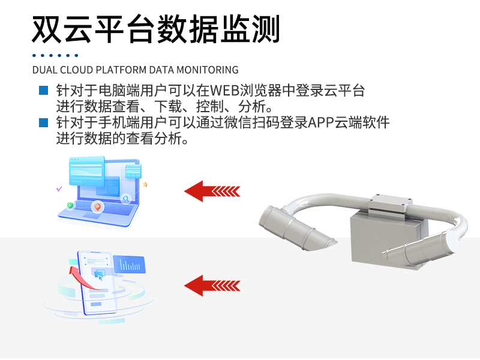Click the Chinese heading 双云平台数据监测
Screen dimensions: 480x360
tap(155, 29)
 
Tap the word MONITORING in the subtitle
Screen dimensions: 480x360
tap(208, 70)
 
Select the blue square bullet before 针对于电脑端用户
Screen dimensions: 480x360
tap(43, 91)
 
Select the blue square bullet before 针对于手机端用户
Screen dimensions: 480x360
tap(43, 122)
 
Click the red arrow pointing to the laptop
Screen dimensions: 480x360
tap(212, 191)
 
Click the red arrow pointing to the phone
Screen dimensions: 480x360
tap(212, 286)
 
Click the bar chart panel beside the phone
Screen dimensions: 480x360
tap(130, 264)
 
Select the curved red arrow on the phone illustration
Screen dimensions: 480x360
tap(83, 278)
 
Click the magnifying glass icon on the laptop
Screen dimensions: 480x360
tap(126, 199)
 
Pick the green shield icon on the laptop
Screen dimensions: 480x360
tap(70, 205)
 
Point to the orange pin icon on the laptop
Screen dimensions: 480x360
tap(98, 207)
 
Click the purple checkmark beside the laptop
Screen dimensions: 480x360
tap(59, 189)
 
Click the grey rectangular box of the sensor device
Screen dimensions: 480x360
tap(389, 241)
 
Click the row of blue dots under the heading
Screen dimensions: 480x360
tap(55, 55)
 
